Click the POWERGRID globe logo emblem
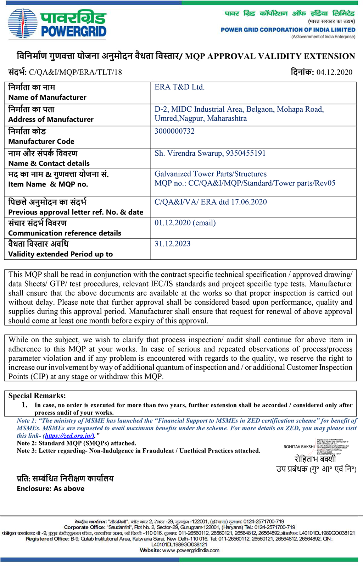click(22, 23)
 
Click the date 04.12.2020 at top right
click(334, 72)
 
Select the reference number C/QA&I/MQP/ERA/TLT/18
click(75, 72)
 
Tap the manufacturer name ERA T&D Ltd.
click(179, 87)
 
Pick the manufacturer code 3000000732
click(174, 131)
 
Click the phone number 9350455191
click(246, 153)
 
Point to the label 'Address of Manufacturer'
click(51, 120)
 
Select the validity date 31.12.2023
click(172, 244)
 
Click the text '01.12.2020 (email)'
click(185, 223)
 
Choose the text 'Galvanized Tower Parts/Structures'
click(211, 174)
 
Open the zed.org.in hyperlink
click(70, 436)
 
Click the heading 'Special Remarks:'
click(37, 396)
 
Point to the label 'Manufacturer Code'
click(41, 142)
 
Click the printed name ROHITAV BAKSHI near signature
click(299, 447)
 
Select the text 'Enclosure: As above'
click(51, 489)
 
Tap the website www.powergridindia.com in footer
click(190, 550)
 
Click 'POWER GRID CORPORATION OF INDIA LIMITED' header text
click(288, 30)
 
